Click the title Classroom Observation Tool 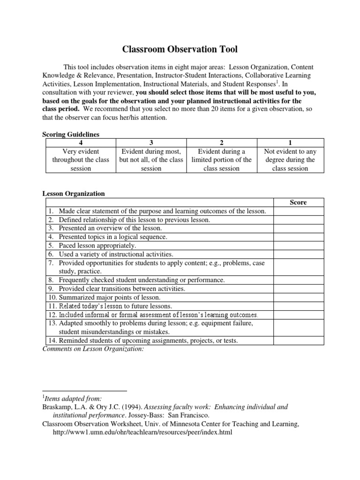[x=180, y=48]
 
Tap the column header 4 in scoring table [x=80, y=143]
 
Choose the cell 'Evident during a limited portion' [x=221, y=160]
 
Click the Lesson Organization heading [x=74, y=194]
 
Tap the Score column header [x=298, y=202]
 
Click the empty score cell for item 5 [x=298, y=246]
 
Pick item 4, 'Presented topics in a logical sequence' [x=113, y=237]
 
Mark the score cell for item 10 [x=298, y=297]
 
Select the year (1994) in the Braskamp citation [x=130, y=407]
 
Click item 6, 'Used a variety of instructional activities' [x=116, y=254]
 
